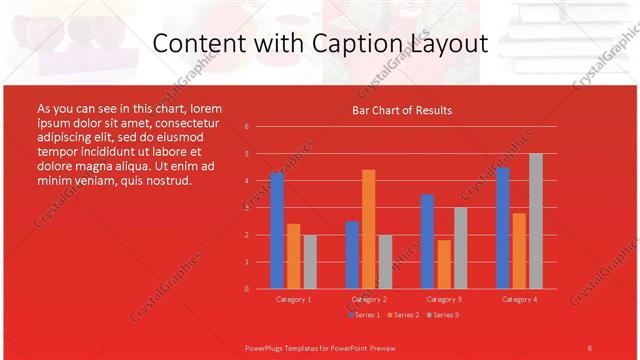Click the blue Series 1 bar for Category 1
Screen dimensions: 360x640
click(277, 231)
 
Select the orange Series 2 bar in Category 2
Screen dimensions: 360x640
click(368, 229)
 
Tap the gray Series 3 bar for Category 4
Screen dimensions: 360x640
click(535, 221)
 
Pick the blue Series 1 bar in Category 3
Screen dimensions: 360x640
click(427, 241)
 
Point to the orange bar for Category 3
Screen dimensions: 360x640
click(443, 264)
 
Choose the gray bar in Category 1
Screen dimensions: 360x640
click(310, 262)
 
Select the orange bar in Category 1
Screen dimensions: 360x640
click(293, 256)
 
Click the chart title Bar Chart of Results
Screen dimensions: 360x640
click(402, 110)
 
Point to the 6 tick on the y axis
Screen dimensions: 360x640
click(246, 127)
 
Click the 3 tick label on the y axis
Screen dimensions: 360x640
click(246, 208)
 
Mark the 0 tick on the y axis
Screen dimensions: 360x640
click(246, 289)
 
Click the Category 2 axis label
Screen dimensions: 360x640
click(369, 299)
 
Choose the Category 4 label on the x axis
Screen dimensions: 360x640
click(518, 299)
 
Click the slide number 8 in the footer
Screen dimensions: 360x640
click(589, 347)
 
